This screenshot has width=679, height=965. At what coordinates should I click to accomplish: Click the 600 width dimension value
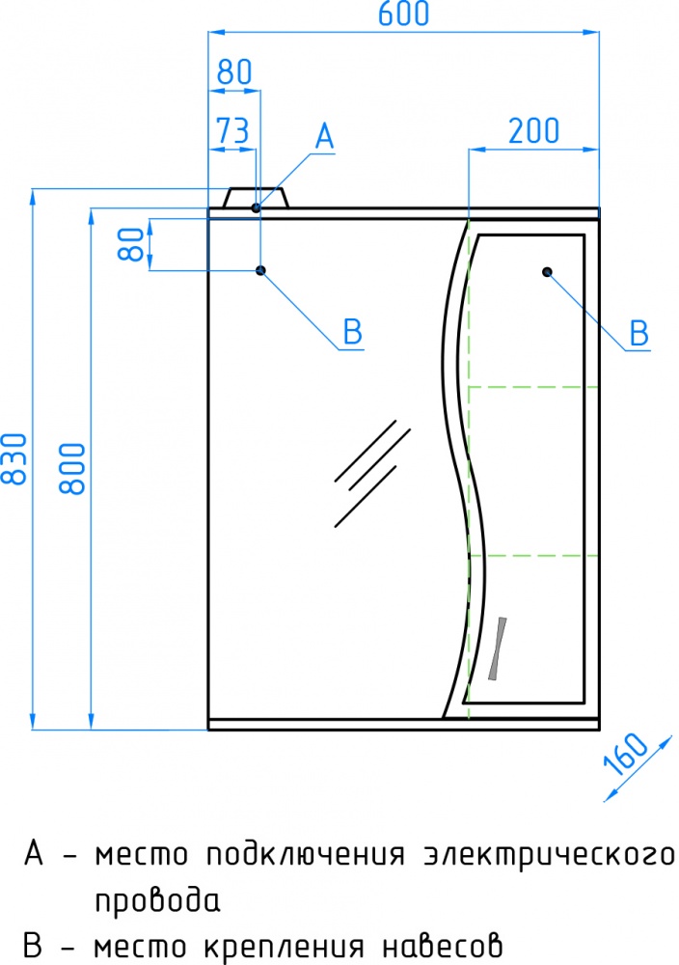tap(403, 14)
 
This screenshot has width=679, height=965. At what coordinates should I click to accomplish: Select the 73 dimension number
tap(232, 130)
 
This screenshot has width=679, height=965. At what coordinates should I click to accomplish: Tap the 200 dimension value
tap(533, 130)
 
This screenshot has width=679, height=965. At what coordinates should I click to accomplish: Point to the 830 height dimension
tap(14, 458)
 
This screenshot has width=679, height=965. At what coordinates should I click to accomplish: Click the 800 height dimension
tap(72, 468)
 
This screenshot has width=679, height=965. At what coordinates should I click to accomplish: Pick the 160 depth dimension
tap(626, 754)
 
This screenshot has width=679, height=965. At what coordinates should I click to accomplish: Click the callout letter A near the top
tap(324, 136)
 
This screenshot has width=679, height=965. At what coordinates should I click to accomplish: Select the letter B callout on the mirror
tap(352, 332)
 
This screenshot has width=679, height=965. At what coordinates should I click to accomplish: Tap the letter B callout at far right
tap(639, 333)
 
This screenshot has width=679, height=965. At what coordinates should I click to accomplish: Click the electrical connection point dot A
tap(256, 208)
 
